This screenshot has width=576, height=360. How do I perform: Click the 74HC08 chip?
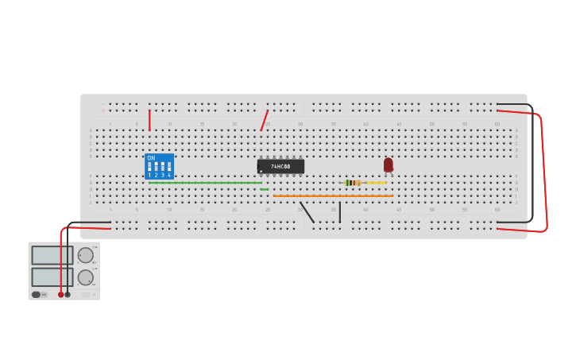[280, 166]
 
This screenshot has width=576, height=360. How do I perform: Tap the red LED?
[388, 165]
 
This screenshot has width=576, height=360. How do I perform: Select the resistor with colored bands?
[353, 183]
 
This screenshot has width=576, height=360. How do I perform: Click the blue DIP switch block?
[159, 166]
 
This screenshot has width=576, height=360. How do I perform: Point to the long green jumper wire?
[205, 183]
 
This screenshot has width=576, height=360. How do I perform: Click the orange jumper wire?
[333, 195]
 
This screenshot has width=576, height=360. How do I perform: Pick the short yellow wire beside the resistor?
[375, 183]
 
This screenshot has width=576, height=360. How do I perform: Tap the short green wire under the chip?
[265, 189]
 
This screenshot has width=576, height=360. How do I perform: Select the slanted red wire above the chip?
[265, 121]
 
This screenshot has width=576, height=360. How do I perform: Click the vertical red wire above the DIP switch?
[149, 120]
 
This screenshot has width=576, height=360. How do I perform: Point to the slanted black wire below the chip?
[307, 212]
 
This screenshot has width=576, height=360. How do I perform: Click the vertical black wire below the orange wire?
[340, 212]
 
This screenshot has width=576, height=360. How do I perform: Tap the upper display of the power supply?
[52, 255]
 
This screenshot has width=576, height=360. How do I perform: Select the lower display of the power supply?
[52, 277]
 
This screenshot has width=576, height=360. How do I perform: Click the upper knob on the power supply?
[85, 255]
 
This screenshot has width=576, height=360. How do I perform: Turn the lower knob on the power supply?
[85, 277]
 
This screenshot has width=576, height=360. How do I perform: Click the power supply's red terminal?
[60, 295]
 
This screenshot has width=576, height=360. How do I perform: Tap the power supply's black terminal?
[68, 295]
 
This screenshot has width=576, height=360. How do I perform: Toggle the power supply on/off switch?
[37, 295]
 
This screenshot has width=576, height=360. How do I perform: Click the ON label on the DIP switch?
[151, 158]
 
